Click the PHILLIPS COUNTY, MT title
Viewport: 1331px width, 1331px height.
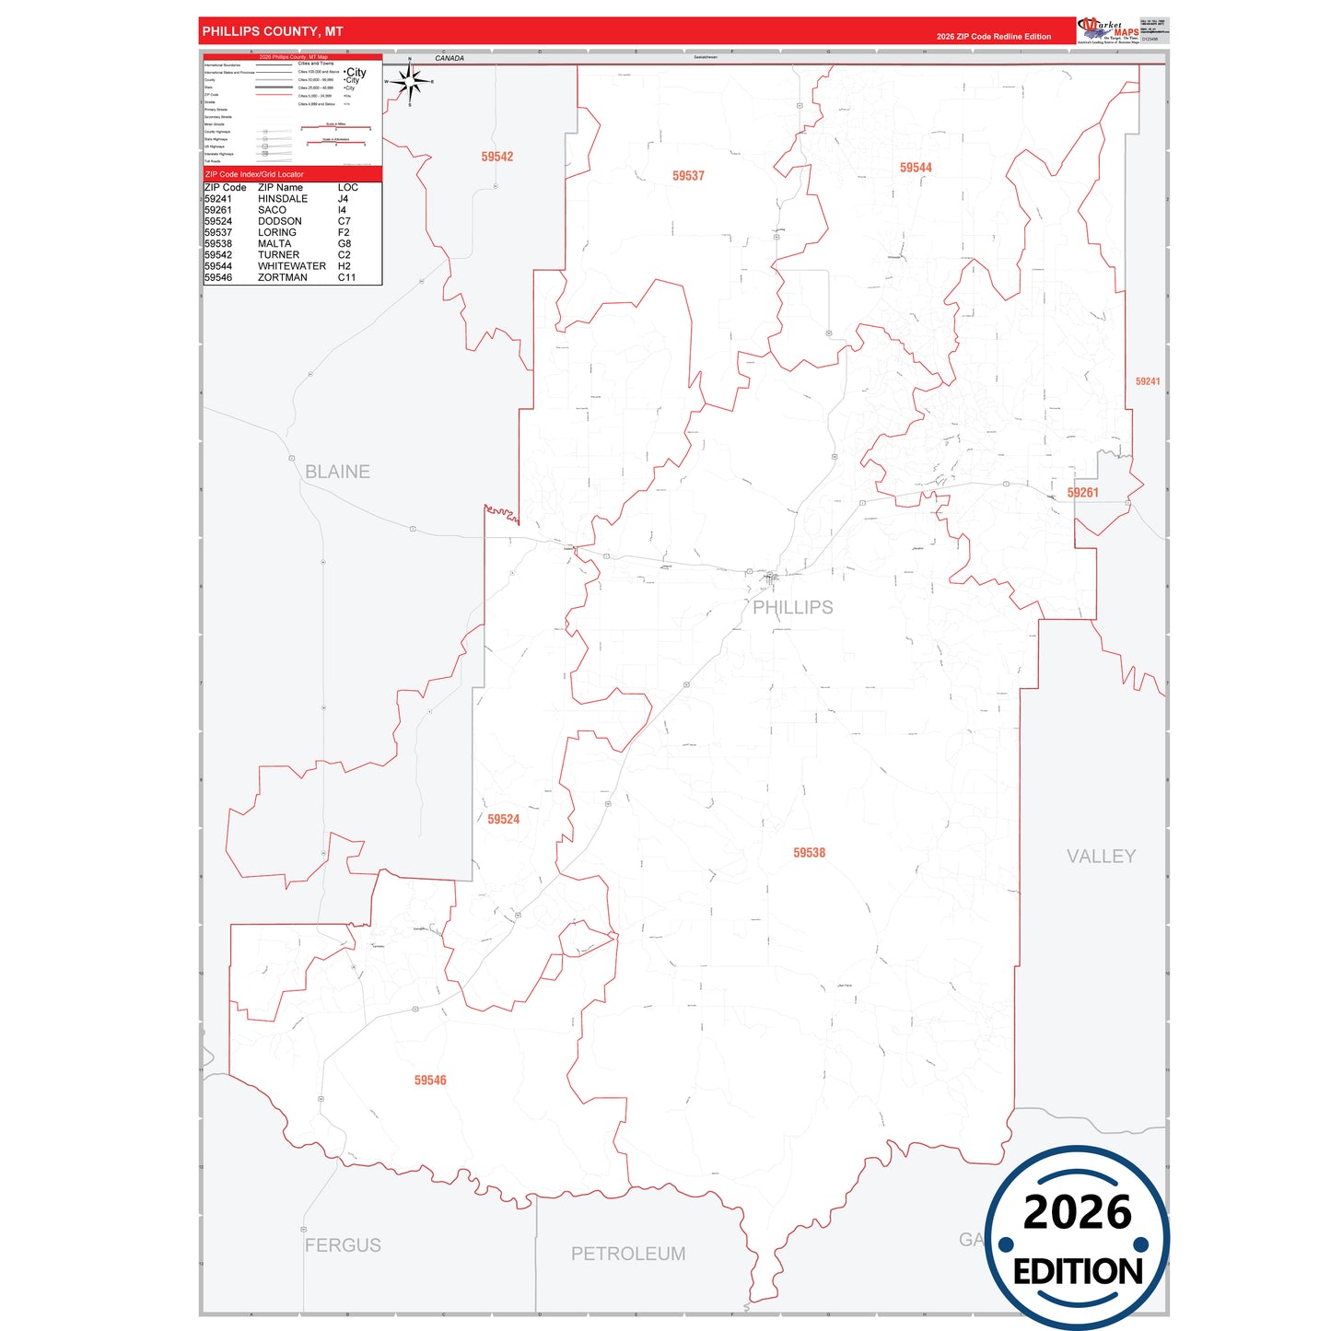point(273,31)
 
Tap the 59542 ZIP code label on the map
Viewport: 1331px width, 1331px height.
point(497,157)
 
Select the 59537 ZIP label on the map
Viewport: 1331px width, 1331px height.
point(688,176)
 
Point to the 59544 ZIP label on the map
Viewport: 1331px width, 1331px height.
point(916,168)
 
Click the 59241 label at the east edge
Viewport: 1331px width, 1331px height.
point(1148,381)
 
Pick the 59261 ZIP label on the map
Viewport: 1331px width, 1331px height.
point(1083,493)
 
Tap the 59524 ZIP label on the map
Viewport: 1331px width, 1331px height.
point(504,819)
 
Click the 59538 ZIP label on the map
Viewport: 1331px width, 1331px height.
point(810,853)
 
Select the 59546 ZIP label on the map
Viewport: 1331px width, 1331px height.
point(430,1080)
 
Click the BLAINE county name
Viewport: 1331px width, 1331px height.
point(337,472)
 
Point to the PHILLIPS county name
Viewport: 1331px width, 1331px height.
point(793,607)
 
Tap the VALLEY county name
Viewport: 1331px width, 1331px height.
point(1101,857)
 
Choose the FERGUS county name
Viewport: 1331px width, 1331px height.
point(343,1245)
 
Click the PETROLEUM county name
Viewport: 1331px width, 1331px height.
point(628,1254)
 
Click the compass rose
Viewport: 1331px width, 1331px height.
point(410,82)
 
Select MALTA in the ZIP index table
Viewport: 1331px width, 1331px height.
point(274,244)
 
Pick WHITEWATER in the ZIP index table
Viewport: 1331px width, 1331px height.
point(292,266)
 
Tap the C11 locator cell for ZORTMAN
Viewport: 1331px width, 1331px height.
point(346,277)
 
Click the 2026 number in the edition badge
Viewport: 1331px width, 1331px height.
point(1078,1212)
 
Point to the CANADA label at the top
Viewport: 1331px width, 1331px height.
point(450,58)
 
